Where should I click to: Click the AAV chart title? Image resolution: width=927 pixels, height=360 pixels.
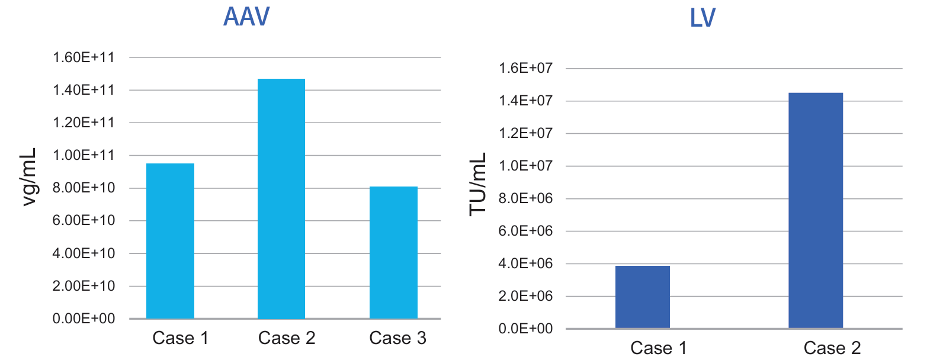[246, 17]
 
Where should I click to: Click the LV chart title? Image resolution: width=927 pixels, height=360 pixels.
[703, 19]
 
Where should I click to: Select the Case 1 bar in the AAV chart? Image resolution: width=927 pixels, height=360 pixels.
[170, 241]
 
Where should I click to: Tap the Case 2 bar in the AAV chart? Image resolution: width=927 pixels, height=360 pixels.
[281, 198]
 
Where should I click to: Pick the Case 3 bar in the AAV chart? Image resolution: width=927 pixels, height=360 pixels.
[393, 253]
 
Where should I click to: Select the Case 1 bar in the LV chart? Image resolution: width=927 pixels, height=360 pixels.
[643, 297]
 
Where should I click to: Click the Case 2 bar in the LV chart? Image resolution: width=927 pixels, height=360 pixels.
[816, 210]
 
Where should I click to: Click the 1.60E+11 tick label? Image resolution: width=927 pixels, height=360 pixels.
[86, 58]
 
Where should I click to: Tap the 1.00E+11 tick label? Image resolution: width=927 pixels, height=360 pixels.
[86, 156]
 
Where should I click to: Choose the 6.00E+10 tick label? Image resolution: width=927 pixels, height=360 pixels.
[86, 221]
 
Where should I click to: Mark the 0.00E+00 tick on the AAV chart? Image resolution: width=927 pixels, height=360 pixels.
[86, 319]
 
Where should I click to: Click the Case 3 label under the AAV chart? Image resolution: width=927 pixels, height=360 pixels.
[397, 338]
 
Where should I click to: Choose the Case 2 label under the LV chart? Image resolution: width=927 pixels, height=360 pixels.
[832, 348]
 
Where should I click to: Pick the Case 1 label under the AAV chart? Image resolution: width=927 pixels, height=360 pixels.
[181, 338]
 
